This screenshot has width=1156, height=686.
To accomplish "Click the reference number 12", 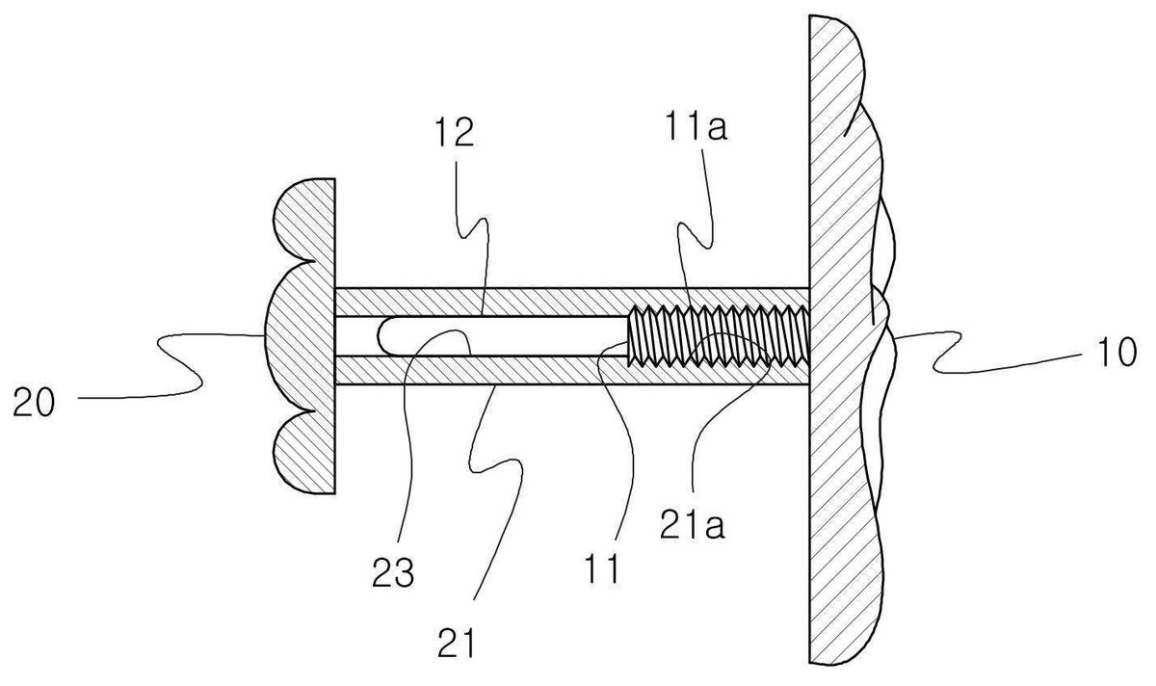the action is (x=455, y=131).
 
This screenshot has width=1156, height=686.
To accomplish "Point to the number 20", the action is (x=34, y=402).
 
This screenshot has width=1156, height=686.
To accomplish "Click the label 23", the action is (x=393, y=572).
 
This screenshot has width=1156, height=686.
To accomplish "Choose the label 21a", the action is (x=692, y=523).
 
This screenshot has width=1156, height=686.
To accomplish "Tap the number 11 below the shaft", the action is (x=602, y=568).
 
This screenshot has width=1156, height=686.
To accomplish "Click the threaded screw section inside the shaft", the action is (x=718, y=335).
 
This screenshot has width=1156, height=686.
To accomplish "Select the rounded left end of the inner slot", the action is (x=381, y=335).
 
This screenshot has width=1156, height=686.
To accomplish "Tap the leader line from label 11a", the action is (x=692, y=248).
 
